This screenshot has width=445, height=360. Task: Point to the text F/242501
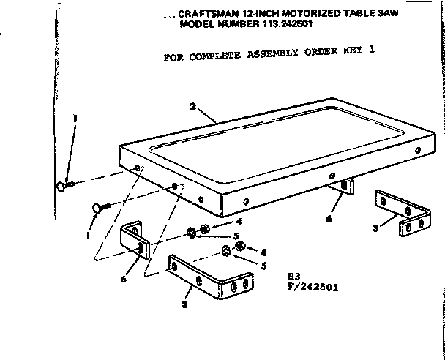click(x=313, y=288)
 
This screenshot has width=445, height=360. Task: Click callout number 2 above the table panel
click(x=192, y=107)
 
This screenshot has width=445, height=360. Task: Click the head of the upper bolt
click(x=61, y=186)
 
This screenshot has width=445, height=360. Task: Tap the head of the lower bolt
click(x=97, y=208)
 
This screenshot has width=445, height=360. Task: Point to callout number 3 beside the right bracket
click(x=375, y=228)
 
